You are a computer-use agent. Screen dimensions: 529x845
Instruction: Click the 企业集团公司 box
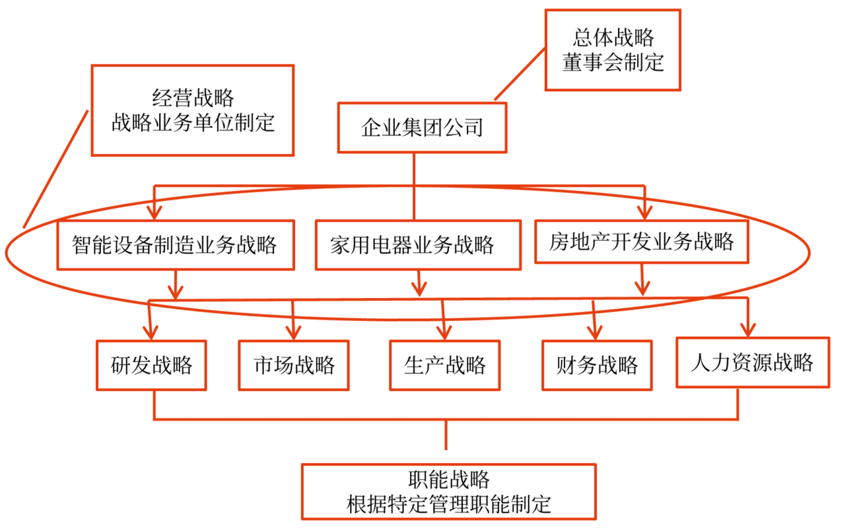[x=422, y=127]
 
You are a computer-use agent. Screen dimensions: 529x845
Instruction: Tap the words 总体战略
[x=613, y=38]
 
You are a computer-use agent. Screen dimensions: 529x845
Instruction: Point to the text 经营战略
[x=193, y=98]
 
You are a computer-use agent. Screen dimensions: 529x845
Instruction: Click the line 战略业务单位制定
[x=193, y=123]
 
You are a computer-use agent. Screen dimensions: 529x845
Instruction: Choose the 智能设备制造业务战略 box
[x=175, y=244]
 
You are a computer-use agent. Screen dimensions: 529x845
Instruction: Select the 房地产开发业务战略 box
[x=641, y=241]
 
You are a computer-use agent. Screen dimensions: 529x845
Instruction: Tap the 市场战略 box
[x=294, y=365]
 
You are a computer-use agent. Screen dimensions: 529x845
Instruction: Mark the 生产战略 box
[x=444, y=365]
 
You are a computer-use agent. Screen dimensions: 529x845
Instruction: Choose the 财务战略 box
[x=597, y=365]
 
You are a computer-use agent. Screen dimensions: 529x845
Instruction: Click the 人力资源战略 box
[x=752, y=362]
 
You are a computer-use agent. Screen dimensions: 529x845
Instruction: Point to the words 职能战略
[x=449, y=479]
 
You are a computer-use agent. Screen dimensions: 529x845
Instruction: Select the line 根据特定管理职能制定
[x=449, y=504]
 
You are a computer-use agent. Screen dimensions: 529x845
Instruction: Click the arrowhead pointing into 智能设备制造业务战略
[x=154, y=213]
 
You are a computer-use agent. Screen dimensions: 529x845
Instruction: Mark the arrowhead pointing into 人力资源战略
[x=748, y=330]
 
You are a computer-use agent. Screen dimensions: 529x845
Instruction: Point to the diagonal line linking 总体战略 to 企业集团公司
[x=520, y=73]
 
